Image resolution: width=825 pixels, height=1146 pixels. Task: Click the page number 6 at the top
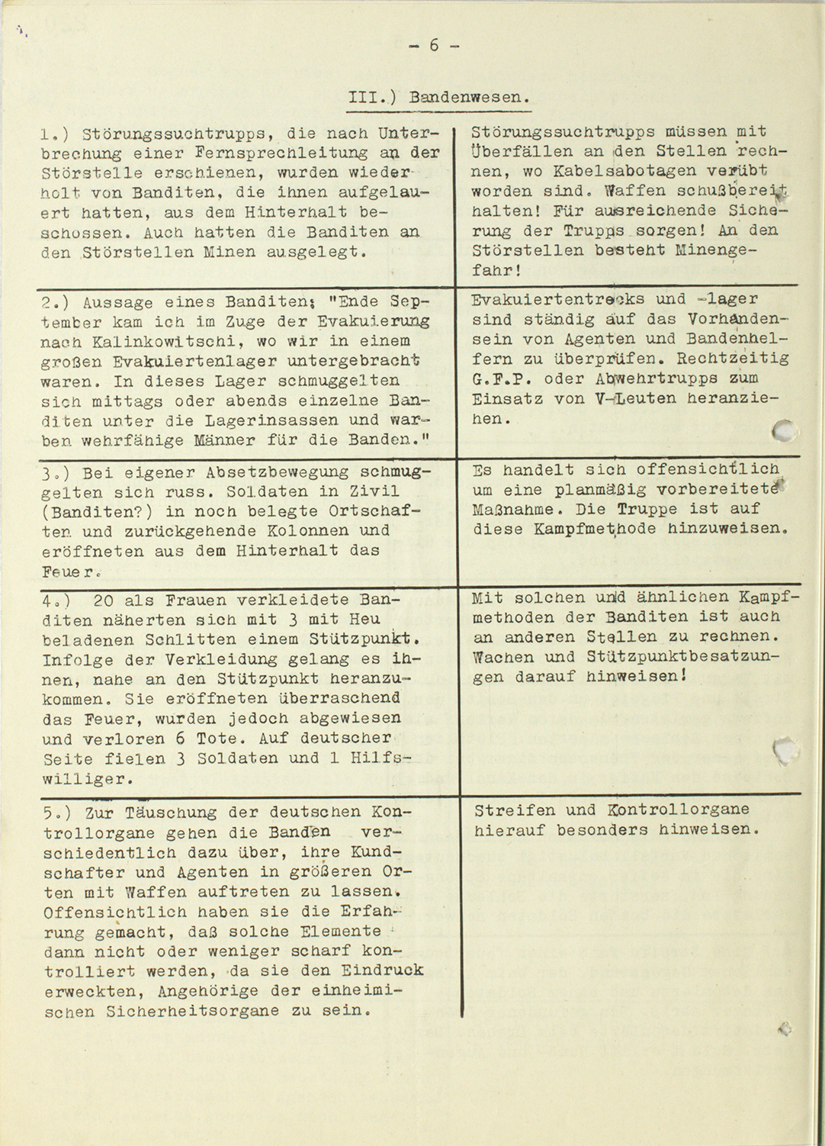click(434, 46)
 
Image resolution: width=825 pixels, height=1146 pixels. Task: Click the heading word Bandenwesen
click(467, 98)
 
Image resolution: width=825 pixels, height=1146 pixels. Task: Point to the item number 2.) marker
click(56, 301)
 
